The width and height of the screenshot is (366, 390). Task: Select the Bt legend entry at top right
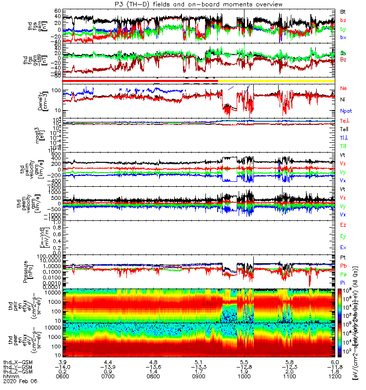point(344,11)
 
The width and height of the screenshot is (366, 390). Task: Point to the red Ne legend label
point(344,89)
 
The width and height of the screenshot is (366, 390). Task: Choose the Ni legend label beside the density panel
point(343,99)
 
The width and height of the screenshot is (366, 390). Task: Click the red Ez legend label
point(344,225)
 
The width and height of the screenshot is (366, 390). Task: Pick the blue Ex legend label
point(344,247)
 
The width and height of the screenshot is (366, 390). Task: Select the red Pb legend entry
point(344,266)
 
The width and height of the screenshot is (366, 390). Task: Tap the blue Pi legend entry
point(343,282)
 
